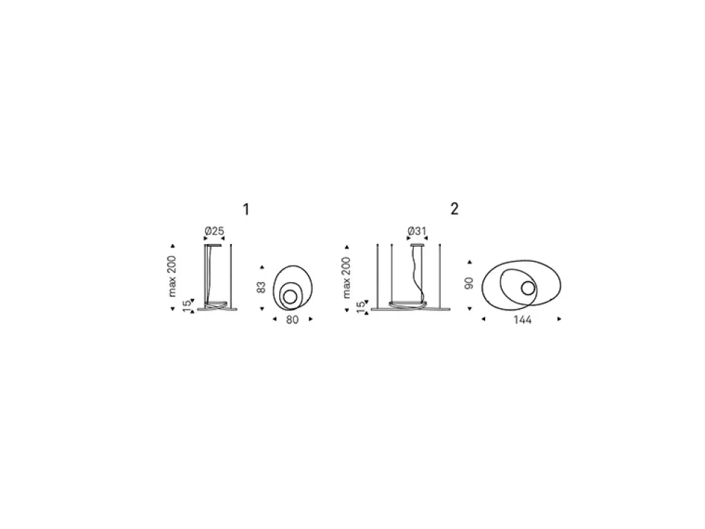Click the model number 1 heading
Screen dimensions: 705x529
click(x=246, y=209)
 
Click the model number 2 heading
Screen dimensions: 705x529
click(x=455, y=209)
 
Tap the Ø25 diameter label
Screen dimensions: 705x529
click(x=214, y=231)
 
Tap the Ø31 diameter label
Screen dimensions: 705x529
click(x=417, y=231)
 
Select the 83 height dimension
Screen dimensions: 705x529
click(x=261, y=288)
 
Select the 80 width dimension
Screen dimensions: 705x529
click(x=293, y=320)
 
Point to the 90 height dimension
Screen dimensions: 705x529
click(x=469, y=284)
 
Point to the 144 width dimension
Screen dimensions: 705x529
click(x=522, y=320)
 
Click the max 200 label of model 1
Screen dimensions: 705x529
click(x=172, y=276)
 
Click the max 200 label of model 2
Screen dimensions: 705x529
click(x=346, y=277)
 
